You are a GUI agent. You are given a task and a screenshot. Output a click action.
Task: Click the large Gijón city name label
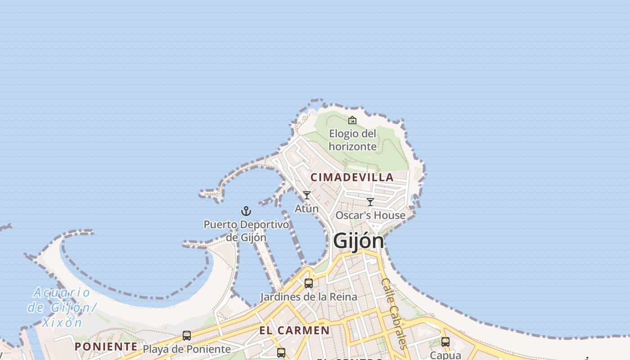pos(359,241)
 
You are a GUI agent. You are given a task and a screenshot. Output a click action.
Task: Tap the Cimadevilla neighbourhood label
pos(352,177)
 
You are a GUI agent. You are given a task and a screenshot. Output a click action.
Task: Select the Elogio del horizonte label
pos(352,140)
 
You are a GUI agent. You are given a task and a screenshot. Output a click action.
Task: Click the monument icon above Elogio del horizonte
pos(352,120)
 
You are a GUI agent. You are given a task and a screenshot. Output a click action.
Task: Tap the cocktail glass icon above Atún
pos(307,195)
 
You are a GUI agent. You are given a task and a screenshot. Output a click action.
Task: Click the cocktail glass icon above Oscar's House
pos(370,202)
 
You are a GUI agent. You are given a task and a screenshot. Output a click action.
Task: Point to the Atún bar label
pos(307,208)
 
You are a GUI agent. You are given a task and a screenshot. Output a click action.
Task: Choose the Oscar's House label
pos(370,216)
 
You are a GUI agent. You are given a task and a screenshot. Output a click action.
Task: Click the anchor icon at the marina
pos(246,211)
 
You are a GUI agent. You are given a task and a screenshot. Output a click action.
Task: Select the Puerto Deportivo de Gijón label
pos(246,230)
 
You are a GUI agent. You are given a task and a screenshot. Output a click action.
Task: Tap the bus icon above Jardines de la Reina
pos(309,283)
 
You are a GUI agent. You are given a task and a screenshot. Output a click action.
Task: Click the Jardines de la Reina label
pos(309,297)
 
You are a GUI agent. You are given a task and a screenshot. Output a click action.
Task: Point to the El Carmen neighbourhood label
pos(294,330)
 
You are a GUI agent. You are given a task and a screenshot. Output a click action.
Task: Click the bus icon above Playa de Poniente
pos(187,336)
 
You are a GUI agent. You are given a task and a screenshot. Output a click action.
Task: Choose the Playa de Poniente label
pos(187,349)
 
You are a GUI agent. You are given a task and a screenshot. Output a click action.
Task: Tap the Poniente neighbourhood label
pos(106,346)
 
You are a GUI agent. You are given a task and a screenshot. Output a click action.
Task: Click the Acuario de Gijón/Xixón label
pos(62,307)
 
